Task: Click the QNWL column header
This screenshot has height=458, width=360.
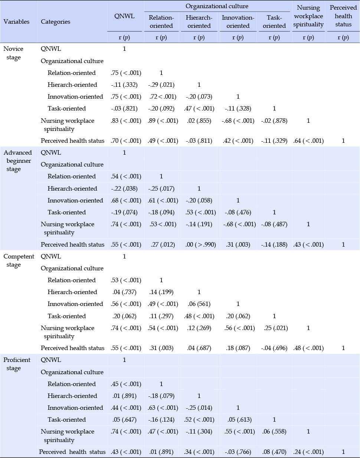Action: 124,16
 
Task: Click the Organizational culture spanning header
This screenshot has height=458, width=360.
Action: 217,6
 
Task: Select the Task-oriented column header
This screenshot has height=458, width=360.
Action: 274,22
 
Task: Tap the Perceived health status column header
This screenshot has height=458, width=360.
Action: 343,16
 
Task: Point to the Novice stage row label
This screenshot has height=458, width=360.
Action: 13,53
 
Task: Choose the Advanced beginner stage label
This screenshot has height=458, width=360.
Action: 18,161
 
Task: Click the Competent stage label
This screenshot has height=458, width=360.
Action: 19,260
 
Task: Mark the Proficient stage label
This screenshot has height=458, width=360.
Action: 17,364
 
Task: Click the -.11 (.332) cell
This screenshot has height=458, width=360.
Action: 124,85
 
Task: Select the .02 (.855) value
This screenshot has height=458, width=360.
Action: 199,121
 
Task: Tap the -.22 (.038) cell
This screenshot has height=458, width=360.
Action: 124,188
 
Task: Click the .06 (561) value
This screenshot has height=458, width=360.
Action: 199,304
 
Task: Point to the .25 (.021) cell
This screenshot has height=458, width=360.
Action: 276,328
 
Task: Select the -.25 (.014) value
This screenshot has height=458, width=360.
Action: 199,408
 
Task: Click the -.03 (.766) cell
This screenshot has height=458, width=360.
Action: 238,452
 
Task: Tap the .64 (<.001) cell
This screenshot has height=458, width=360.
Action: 308,141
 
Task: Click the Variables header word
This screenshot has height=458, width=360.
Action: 16,22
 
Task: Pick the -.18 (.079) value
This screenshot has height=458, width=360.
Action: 161,396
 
